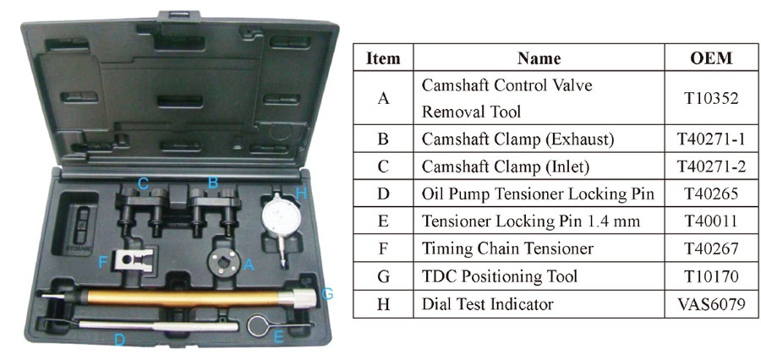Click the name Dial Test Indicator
coord(487,304)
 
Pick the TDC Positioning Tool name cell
coord(500,276)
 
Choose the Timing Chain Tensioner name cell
coord(507,249)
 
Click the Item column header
coord(383,58)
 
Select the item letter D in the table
coord(383,194)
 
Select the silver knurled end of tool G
coord(305,297)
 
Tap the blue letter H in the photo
coord(301,194)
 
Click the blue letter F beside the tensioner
coord(102,263)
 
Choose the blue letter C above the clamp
coord(143,183)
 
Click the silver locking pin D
coord(158,325)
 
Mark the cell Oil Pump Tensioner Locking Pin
coord(538,194)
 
